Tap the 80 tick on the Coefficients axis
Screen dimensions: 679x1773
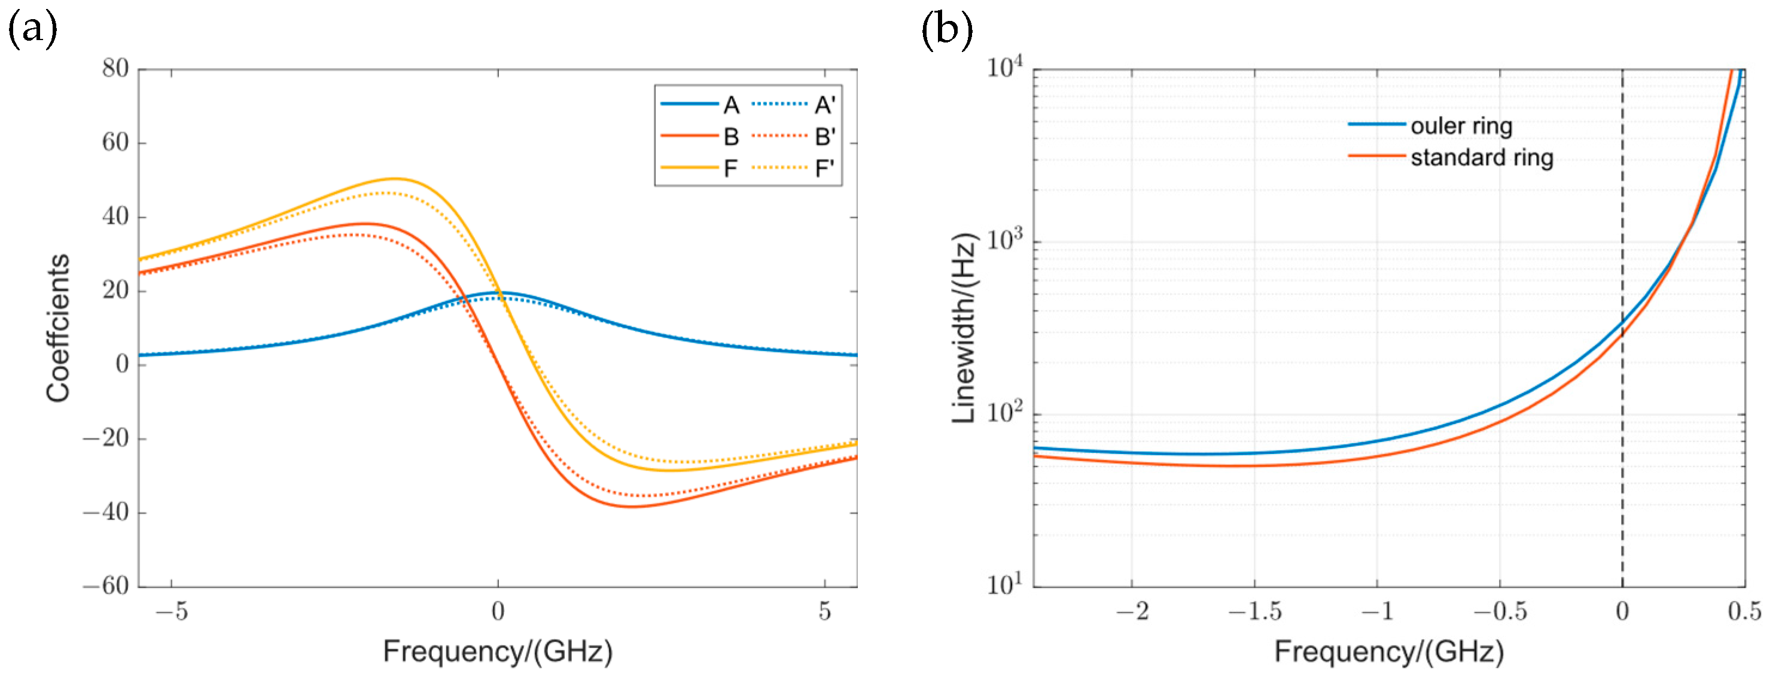coord(115,68)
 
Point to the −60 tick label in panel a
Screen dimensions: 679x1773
coord(106,586)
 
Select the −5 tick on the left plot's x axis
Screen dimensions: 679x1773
coord(172,611)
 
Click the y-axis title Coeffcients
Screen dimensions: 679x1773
coord(59,328)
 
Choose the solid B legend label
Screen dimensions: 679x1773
coord(731,137)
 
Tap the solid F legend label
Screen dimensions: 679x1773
coord(730,169)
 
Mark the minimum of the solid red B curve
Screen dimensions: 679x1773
coord(632,507)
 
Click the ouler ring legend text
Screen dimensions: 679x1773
coord(1461,126)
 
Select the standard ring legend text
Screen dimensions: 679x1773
coord(1481,158)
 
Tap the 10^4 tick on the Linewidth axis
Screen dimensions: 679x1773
coord(1004,68)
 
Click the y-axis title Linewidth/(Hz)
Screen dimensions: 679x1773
coord(964,328)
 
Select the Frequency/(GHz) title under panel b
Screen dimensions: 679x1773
coord(1388,651)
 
